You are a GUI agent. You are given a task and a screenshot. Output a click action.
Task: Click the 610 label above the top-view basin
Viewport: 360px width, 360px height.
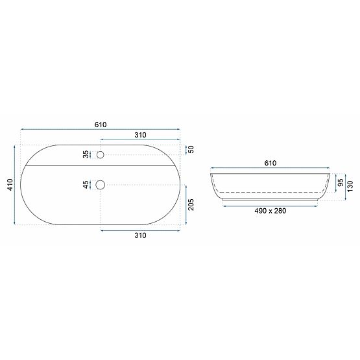pos(100,125)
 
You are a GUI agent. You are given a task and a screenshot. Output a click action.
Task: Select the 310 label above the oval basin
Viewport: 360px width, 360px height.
pos(141,134)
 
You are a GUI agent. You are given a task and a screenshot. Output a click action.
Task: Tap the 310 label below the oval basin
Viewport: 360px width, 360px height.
pos(141,235)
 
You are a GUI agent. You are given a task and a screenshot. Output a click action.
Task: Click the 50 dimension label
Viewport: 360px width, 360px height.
pos(191,149)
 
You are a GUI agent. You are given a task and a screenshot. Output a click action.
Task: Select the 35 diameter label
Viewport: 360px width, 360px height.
pos(86,154)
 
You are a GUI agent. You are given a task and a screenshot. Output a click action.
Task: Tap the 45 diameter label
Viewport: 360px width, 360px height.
pos(86,185)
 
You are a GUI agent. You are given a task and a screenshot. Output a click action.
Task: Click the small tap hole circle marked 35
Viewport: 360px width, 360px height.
pos(100,154)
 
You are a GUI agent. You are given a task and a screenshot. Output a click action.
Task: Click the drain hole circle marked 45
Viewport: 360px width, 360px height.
pos(100,185)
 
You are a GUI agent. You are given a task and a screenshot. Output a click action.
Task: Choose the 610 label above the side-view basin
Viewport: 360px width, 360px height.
pos(270,163)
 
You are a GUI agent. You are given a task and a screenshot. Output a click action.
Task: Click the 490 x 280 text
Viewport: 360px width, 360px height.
pos(270,211)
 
